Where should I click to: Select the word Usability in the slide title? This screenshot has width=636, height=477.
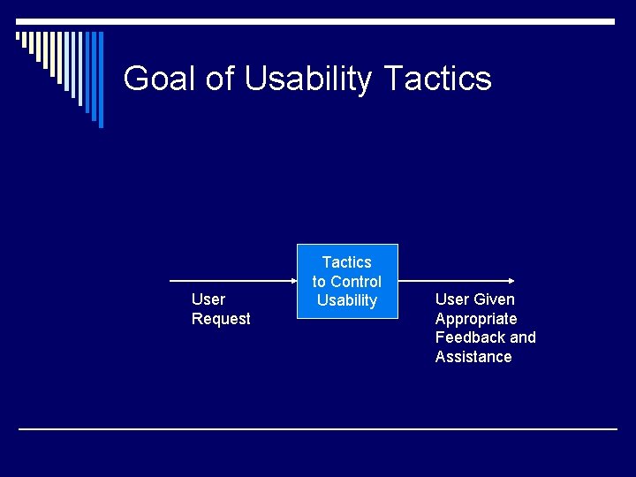[308, 79]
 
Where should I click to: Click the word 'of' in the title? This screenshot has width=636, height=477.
[220, 79]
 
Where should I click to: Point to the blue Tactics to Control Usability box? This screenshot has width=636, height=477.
[347, 280]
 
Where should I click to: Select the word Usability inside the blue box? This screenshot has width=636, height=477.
[347, 300]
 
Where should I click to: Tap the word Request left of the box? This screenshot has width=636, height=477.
[221, 319]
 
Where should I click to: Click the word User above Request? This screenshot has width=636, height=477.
[208, 299]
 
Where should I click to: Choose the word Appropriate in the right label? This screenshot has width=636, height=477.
[476, 319]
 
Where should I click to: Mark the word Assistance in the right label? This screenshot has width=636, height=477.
[473, 357]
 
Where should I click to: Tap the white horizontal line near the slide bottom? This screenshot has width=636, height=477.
[318, 429]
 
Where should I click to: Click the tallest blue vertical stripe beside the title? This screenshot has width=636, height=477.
[100, 79]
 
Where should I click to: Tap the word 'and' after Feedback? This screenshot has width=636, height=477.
[522, 337]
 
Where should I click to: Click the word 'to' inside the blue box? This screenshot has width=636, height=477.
[319, 282]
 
